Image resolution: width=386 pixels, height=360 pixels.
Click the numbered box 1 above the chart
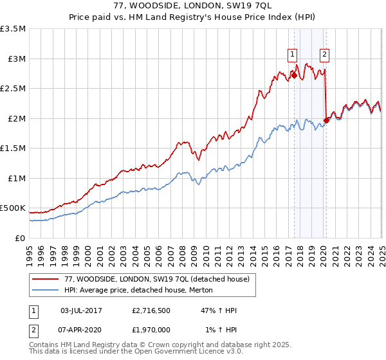point(293,55)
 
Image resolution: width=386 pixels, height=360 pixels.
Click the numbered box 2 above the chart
point(325,55)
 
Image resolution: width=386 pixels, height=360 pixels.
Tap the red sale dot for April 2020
point(326,120)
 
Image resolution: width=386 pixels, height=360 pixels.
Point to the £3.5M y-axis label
point(13,29)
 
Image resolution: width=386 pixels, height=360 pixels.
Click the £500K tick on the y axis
point(13,208)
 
